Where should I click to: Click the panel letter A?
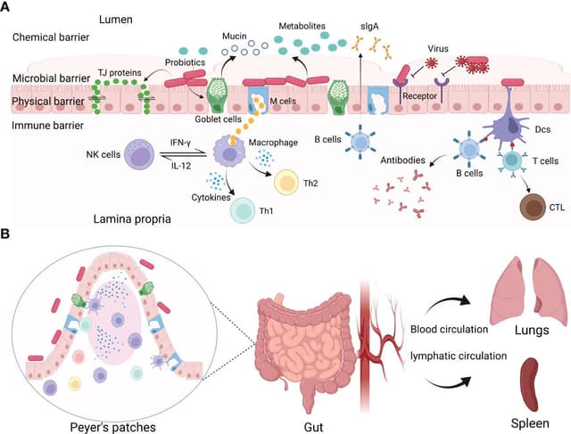click(7, 8)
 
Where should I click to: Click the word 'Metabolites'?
click(283, 28)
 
